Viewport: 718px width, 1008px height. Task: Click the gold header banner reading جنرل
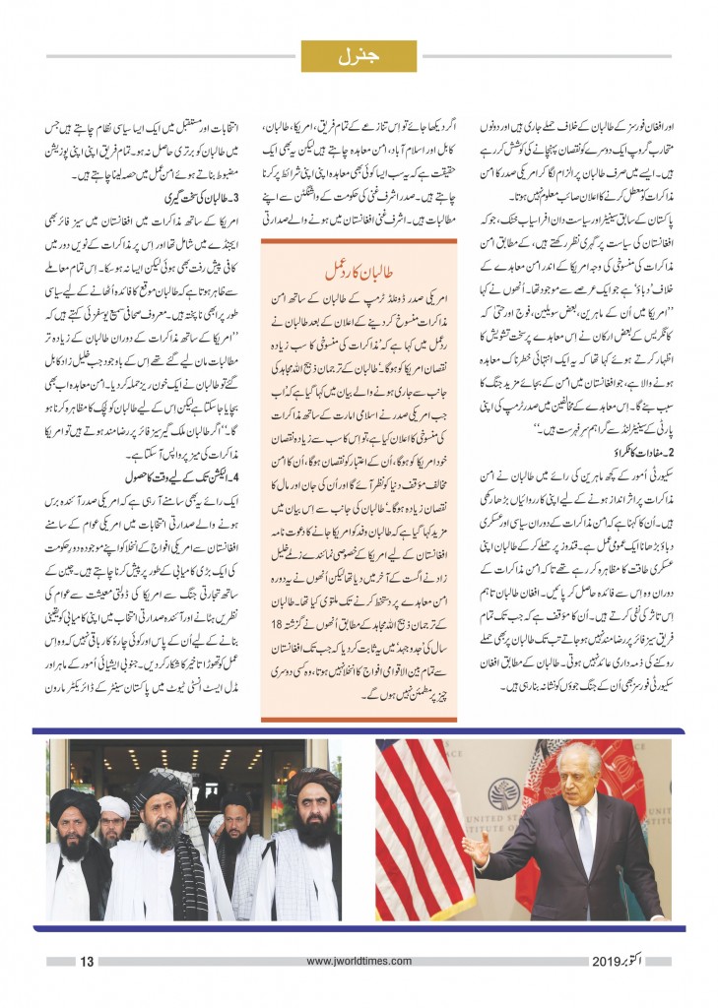[359, 55]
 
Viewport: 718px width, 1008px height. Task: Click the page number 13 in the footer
[86, 961]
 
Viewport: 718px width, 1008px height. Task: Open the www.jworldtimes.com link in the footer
[358, 961]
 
